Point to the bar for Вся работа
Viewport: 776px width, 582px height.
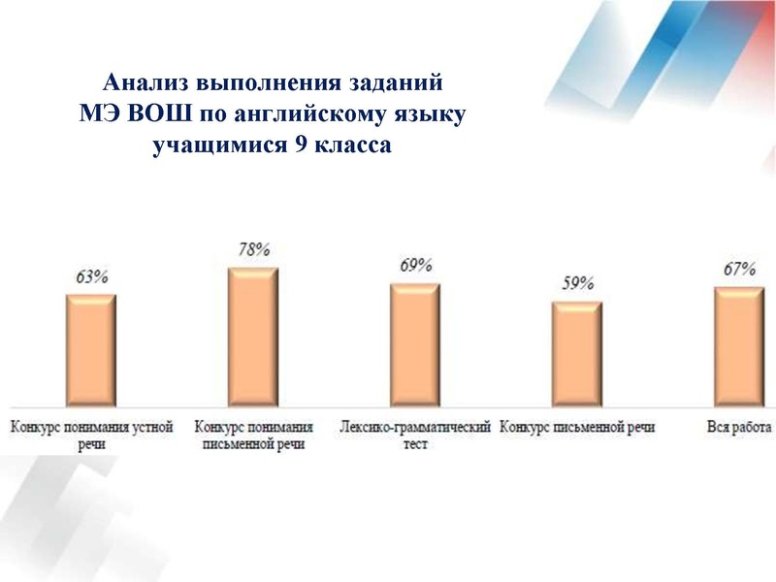click(739, 346)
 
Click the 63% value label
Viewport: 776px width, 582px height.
click(91, 276)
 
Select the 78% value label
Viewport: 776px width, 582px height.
click(253, 249)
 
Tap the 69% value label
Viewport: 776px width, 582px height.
click(415, 266)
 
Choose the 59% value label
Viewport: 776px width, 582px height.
click(577, 284)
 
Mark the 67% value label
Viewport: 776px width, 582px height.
click(739, 269)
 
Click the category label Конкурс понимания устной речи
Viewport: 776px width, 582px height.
click(92, 436)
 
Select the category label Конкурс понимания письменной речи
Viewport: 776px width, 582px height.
click(254, 436)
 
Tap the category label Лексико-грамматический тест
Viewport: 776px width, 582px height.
click(415, 436)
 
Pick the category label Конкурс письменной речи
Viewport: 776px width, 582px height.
click(577, 427)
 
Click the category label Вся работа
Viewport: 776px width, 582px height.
click(739, 427)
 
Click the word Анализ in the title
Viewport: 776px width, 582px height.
click(146, 81)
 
